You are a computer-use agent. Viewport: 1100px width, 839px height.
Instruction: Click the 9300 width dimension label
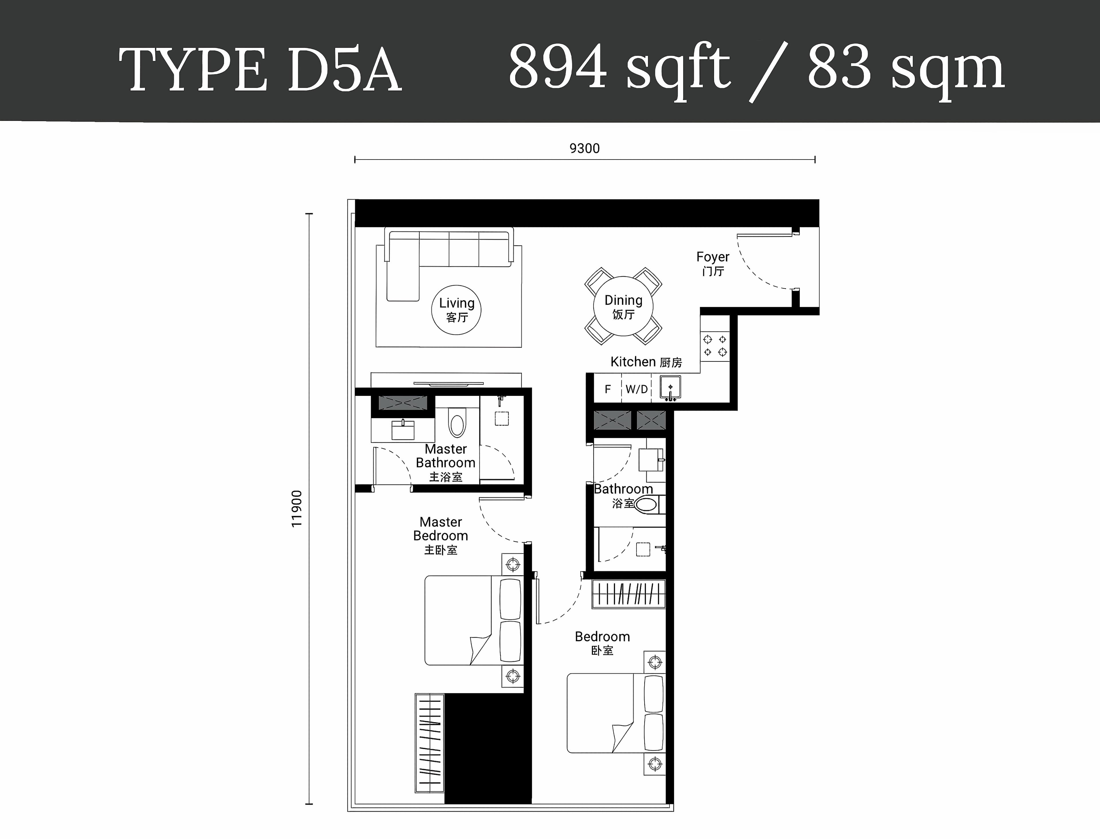[x=584, y=148]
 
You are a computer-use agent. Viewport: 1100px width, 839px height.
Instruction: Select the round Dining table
[x=623, y=306]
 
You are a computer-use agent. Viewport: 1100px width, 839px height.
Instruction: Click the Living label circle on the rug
[x=456, y=310]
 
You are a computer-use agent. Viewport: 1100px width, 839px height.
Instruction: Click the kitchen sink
[x=670, y=388]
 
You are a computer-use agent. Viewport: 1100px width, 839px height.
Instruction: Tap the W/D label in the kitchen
[x=637, y=389]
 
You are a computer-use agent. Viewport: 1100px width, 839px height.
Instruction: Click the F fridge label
[x=608, y=389]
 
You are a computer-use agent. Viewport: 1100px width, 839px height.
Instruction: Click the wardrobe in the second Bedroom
[x=629, y=594]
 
